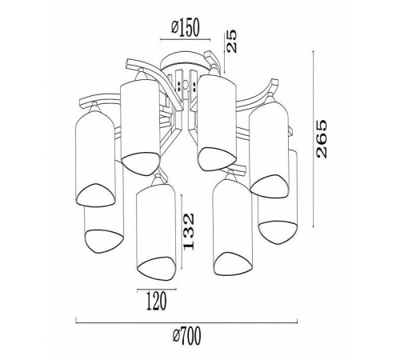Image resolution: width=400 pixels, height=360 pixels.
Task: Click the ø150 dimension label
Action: point(186,28)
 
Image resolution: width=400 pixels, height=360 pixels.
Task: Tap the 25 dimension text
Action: point(231,41)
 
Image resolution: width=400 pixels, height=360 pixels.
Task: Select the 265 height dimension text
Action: point(321,138)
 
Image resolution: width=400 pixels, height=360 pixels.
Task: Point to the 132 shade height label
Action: point(189,231)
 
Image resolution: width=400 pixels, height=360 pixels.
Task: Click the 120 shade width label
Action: point(157,301)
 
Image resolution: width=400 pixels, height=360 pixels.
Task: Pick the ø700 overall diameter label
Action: point(186,336)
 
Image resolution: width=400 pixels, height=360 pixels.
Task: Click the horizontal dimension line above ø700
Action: point(186,323)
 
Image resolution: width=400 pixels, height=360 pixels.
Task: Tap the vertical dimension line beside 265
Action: point(313,139)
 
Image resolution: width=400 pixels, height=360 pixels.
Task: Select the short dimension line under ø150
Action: point(186,40)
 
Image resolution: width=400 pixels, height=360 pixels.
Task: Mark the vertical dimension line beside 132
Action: point(182,232)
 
